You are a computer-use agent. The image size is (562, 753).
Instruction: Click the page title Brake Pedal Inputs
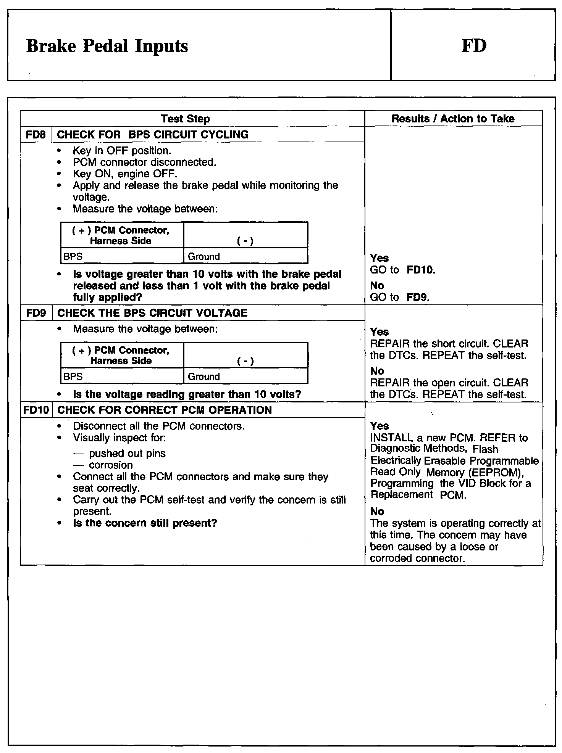pyautogui.click(x=107, y=46)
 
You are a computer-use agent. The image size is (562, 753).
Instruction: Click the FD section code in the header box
pyautogui.click(x=474, y=45)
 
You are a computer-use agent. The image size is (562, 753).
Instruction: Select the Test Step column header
pyautogui.click(x=185, y=119)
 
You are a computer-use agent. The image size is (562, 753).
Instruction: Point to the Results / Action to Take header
pyautogui.click(x=453, y=119)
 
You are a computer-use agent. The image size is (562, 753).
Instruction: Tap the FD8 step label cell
pyautogui.click(x=36, y=135)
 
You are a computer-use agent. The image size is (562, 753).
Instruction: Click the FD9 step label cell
pyautogui.click(x=36, y=313)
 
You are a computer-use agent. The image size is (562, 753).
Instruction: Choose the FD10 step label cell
pyautogui.click(x=36, y=410)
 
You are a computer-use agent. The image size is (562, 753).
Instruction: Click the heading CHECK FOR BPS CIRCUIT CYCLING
pyautogui.click(x=153, y=135)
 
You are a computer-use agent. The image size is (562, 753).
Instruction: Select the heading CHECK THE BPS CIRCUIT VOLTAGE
pyautogui.click(x=152, y=313)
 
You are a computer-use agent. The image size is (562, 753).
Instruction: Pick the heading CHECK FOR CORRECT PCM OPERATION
pyautogui.click(x=164, y=410)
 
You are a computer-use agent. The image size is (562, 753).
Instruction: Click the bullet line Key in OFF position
pyautogui.click(x=122, y=151)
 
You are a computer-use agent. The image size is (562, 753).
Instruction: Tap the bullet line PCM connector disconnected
pyautogui.click(x=144, y=163)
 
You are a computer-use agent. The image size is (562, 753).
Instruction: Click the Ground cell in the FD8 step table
pyautogui.click(x=204, y=256)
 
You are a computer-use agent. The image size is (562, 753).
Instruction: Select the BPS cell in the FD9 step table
pyautogui.click(x=73, y=376)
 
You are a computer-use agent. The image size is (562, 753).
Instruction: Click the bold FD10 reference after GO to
pyautogui.click(x=420, y=270)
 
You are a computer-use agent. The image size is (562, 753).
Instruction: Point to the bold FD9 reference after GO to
pyautogui.click(x=417, y=297)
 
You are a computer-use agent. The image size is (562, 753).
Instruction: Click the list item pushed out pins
pyautogui.click(x=127, y=454)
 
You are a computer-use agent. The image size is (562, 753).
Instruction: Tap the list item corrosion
pyautogui.click(x=111, y=465)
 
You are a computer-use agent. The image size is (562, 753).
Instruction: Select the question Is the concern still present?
pyautogui.click(x=145, y=523)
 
